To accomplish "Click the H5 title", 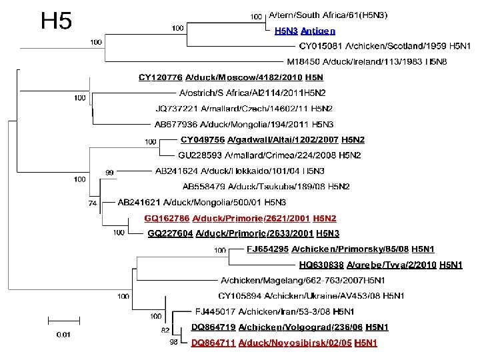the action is (x=56, y=21).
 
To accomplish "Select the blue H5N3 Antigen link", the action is (x=305, y=31).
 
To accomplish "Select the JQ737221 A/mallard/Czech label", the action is (x=244, y=108).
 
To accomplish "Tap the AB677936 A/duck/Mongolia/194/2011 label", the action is (x=244, y=124).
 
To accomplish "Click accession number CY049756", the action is (x=202, y=140).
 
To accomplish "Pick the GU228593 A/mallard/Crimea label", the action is (x=269, y=155).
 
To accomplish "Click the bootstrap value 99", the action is (x=111, y=172).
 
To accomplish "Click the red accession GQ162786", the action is (x=167, y=218).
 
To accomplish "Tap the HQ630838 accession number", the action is (x=320, y=265).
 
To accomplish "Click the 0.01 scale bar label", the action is (x=65, y=333).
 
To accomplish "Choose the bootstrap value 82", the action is (x=164, y=330).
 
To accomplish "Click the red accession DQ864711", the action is (x=213, y=343).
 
